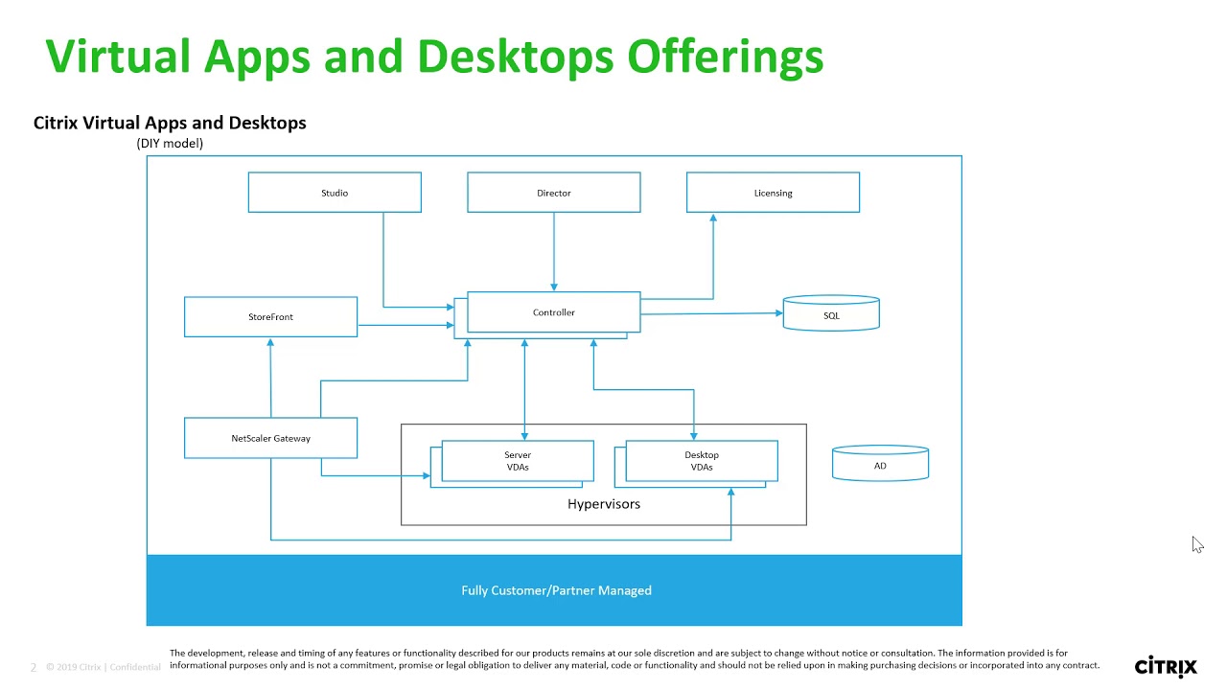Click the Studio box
[335, 193]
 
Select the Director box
[553, 193]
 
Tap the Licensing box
[773, 193]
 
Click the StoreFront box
[270, 316]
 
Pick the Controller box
[553, 312]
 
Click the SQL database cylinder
[831, 314]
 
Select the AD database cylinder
[880, 465]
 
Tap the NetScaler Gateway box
[270, 438]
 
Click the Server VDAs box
[518, 461]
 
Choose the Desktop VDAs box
[702, 461]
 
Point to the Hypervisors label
[604, 504]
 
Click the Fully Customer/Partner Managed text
[556, 590]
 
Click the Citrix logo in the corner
[1166, 666]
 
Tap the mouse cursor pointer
[1197, 544]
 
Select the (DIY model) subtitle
[170, 143]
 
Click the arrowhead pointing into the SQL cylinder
[777, 312]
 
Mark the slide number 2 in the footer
[34, 667]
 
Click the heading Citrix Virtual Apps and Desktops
[170, 123]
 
